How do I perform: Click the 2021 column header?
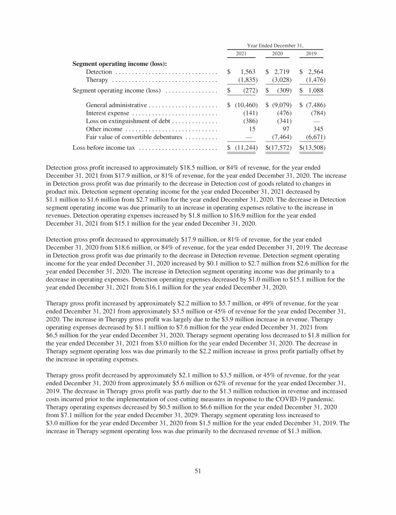[x=241, y=54]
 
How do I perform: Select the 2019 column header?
[x=311, y=54]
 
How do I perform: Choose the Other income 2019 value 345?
[x=318, y=129]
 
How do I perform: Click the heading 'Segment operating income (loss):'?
[x=120, y=64]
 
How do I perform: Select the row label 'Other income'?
[x=104, y=129]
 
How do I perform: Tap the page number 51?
[x=198, y=470]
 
